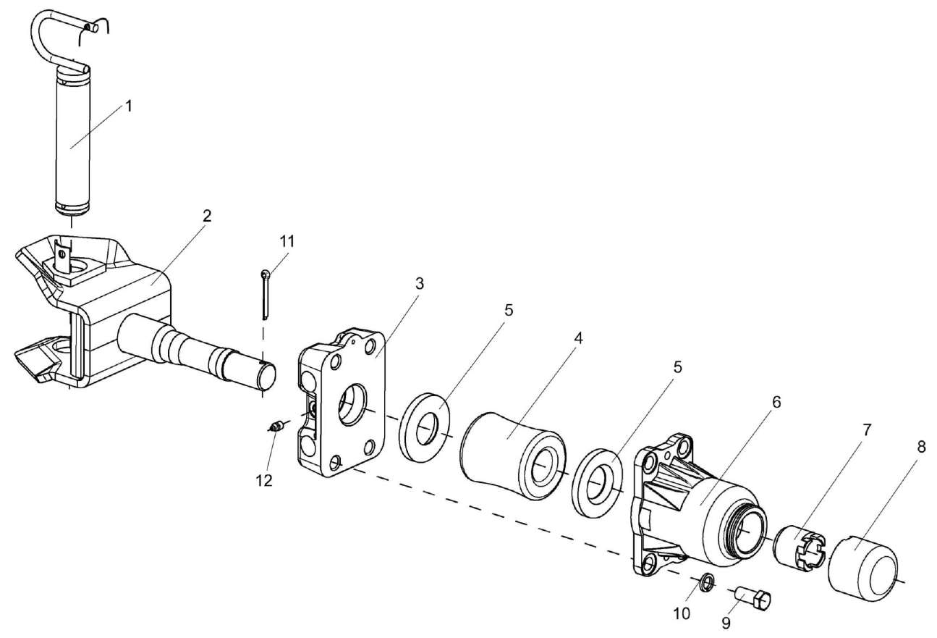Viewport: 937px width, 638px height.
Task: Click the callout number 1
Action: click(128, 106)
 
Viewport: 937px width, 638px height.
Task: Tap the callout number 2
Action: click(207, 215)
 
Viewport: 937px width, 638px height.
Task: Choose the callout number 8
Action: click(920, 448)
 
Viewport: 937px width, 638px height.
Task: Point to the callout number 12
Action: click(264, 480)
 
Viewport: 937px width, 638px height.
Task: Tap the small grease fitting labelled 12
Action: click(276, 428)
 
